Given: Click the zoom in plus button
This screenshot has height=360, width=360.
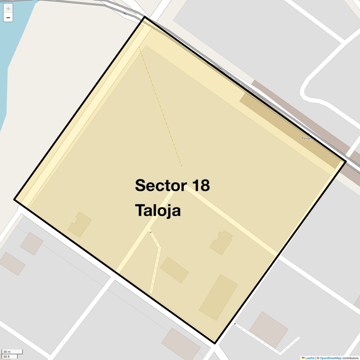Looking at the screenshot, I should [x=8, y=9].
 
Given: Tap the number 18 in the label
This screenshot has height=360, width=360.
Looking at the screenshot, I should [x=201, y=185].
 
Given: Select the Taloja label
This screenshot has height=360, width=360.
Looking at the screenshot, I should [x=158, y=211].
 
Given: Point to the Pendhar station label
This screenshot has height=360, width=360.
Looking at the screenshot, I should [x=308, y=138].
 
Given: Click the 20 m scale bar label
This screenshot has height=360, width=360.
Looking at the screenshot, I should [x=7, y=351].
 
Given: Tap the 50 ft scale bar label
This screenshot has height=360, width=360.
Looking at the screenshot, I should [x=7, y=357].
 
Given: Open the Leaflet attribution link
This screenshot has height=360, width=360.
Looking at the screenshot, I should [x=310, y=358].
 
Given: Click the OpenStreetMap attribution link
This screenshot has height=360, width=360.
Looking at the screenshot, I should [x=330, y=358].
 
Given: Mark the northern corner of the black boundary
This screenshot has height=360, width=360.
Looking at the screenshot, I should [x=145, y=17].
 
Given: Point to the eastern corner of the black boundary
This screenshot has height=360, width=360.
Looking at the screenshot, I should [x=345, y=161].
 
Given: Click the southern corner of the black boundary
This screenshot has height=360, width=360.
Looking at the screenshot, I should [x=215, y=343].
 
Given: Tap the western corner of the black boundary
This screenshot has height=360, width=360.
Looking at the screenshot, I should [x=15, y=199].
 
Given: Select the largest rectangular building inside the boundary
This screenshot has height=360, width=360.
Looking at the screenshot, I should [x=219, y=297].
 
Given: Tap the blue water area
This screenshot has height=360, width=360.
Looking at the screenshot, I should [x=13, y=47].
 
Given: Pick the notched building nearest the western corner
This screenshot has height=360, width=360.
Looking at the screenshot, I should [x=80, y=225].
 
